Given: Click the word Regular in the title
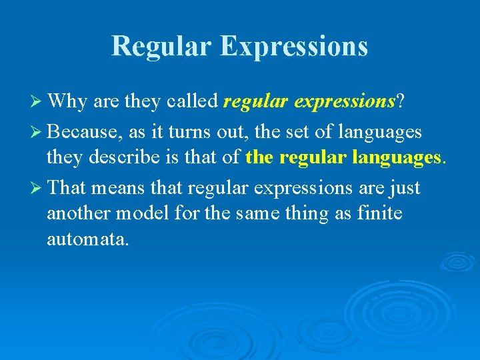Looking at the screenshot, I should pyautogui.click(x=161, y=46).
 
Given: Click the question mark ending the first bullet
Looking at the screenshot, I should pyautogui.click(x=400, y=101).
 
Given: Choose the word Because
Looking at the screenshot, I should pyautogui.click(x=83, y=132).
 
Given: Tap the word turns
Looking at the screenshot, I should pyautogui.click(x=193, y=132).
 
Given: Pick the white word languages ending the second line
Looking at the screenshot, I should pyautogui.click(x=380, y=132).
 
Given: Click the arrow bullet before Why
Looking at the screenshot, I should pyautogui.click(x=37, y=101).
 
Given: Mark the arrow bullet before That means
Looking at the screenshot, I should pyautogui.click(x=37, y=189).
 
